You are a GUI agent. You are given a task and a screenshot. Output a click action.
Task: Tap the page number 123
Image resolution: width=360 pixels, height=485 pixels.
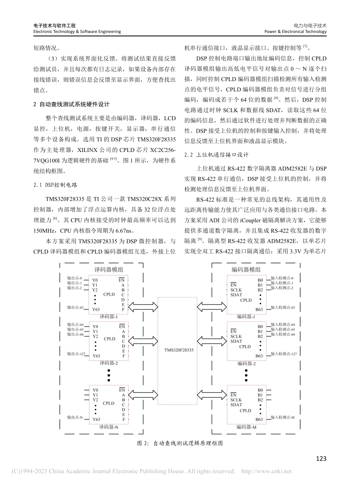point(321,459)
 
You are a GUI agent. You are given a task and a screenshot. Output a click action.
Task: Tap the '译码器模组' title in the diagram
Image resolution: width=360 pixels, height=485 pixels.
point(108,270)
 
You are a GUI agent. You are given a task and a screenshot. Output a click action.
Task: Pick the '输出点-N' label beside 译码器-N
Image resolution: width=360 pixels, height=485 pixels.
point(75,417)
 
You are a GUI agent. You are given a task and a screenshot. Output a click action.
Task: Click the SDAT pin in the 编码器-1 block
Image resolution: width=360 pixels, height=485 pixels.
point(236,295)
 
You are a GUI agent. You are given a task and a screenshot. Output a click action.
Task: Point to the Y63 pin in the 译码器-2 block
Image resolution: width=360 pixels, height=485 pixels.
point(96,356)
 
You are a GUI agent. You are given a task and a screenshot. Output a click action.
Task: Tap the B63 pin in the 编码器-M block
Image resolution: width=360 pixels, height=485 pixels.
point(259,419)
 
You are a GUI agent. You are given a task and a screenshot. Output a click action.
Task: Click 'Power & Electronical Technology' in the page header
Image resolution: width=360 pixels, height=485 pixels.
point(295,32)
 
